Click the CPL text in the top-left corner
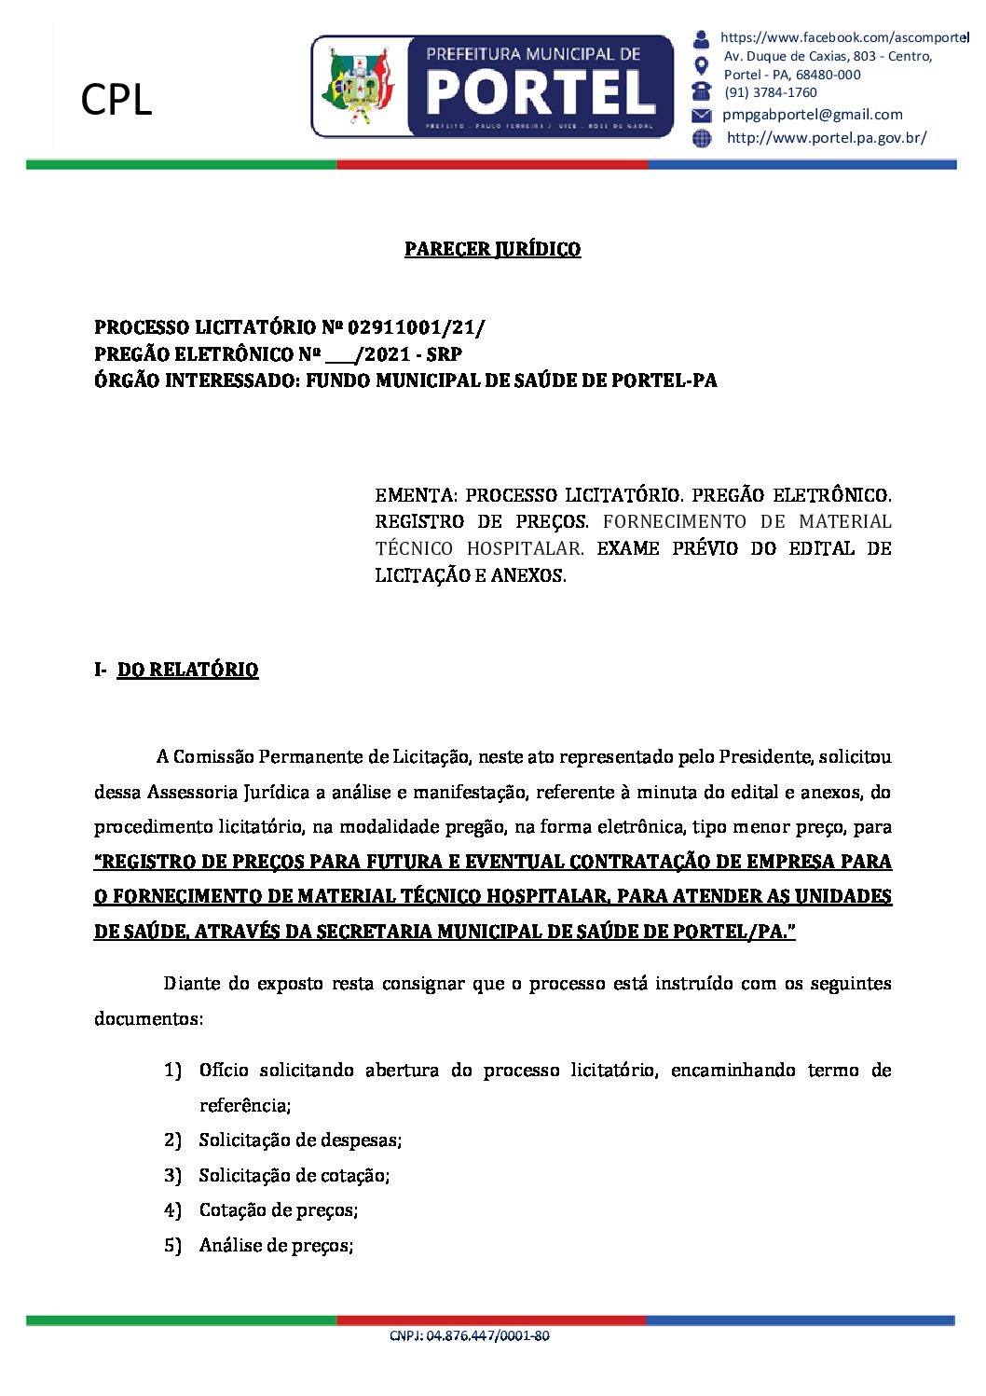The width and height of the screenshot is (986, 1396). point(116,100)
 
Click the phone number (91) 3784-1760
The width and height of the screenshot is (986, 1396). point(771,92)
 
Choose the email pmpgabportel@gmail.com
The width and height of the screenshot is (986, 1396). point(813,115)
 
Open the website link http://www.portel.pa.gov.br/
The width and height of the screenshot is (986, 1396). point(826,138)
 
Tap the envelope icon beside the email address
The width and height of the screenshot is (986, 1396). point(702,115)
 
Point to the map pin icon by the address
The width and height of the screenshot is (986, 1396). point(702,65)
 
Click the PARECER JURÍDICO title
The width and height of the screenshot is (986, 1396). point(492,249)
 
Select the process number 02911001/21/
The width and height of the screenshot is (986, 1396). point(416,327)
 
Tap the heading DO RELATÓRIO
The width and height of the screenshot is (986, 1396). point(187,670)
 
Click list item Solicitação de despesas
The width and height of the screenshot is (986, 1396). point(300,1140)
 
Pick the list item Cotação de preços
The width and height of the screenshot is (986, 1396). point(279,1209)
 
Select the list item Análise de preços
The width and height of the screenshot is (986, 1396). point(276,1245)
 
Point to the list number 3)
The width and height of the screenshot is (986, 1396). point(172,1175)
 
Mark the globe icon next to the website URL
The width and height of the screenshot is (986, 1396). point(702,138)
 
